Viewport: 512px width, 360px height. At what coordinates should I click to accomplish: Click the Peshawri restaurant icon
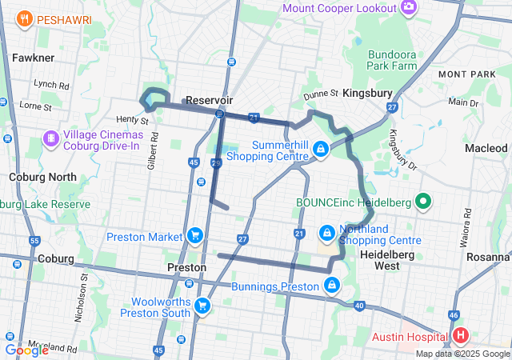pyautogui.click(x=26, y=18)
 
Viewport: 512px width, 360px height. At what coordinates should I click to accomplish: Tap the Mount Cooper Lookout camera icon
pyautogui.click(x=409, y=7)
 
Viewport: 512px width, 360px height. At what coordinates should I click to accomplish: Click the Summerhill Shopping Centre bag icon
pyautogui.click(x=320, y=148)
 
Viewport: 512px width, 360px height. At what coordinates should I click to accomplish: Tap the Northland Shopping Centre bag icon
pyautogui.click(x=326, y=233)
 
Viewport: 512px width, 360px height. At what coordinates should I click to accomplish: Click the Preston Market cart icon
pyautogui.click(x=194, y=235)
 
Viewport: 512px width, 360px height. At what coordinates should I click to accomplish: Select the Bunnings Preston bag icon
pyautogui.click(x=332, y=285)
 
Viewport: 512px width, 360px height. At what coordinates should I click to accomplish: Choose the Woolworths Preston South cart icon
pyautogui.click(x=202, y=305)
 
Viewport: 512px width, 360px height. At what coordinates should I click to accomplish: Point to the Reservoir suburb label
pyautogui.click(x=209, y=100)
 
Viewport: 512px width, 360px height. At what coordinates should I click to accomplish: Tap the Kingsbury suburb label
pyautogui.click(x=367, y=94)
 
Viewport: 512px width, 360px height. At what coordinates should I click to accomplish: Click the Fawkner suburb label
pyautogui.click(x=33, y=58)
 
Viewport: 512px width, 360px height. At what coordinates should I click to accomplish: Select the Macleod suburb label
pyautogui.click(x=486, y=148)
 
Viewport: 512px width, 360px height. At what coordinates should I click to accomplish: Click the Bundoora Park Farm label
pyautogui.click(x=392, y=59)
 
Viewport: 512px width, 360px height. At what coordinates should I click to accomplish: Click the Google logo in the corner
pyautogui.click(x=26, y=350)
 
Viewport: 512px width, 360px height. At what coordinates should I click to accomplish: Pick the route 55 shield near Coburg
pyautogui.click(x=34, y=240)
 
